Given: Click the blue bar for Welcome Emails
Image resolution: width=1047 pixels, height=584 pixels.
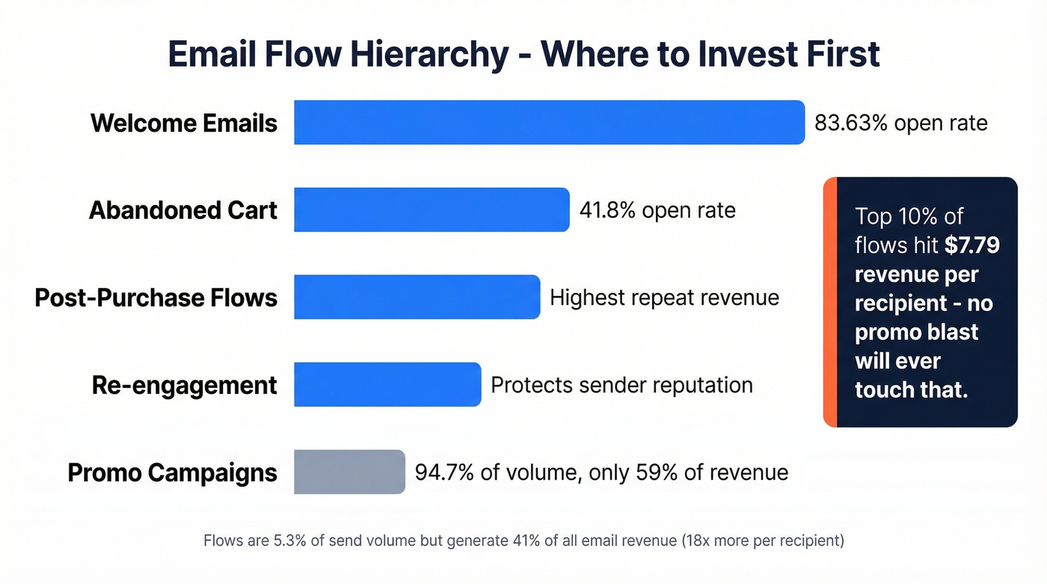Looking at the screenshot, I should click(549, 122).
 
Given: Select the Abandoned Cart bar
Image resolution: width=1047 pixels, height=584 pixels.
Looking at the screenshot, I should click(432, 209).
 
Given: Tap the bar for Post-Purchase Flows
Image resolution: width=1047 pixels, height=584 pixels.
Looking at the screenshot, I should click(417, 297).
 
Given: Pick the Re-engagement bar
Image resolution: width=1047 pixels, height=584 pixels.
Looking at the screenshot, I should click(387, 384).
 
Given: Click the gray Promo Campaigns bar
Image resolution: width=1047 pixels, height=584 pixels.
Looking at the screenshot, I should click(349, 472).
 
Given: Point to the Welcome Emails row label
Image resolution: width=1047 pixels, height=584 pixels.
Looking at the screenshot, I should click(184, 123).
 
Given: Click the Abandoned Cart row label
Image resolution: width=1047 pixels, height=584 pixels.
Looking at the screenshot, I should click(183, 210).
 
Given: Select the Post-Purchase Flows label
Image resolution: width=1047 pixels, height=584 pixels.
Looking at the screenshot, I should click(156, 298).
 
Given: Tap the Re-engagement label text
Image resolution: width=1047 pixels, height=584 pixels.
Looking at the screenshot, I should click(184, 385).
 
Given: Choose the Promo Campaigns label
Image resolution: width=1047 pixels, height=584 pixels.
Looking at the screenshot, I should click(173, 473).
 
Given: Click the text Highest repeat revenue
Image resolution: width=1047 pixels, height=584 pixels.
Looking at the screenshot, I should click(664, 298).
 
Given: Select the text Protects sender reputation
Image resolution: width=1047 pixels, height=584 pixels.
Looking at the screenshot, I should click(621, 385).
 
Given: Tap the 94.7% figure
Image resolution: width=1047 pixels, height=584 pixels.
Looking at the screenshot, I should click(444, 473).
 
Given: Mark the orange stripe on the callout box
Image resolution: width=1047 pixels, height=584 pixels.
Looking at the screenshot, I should click(829, 302).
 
